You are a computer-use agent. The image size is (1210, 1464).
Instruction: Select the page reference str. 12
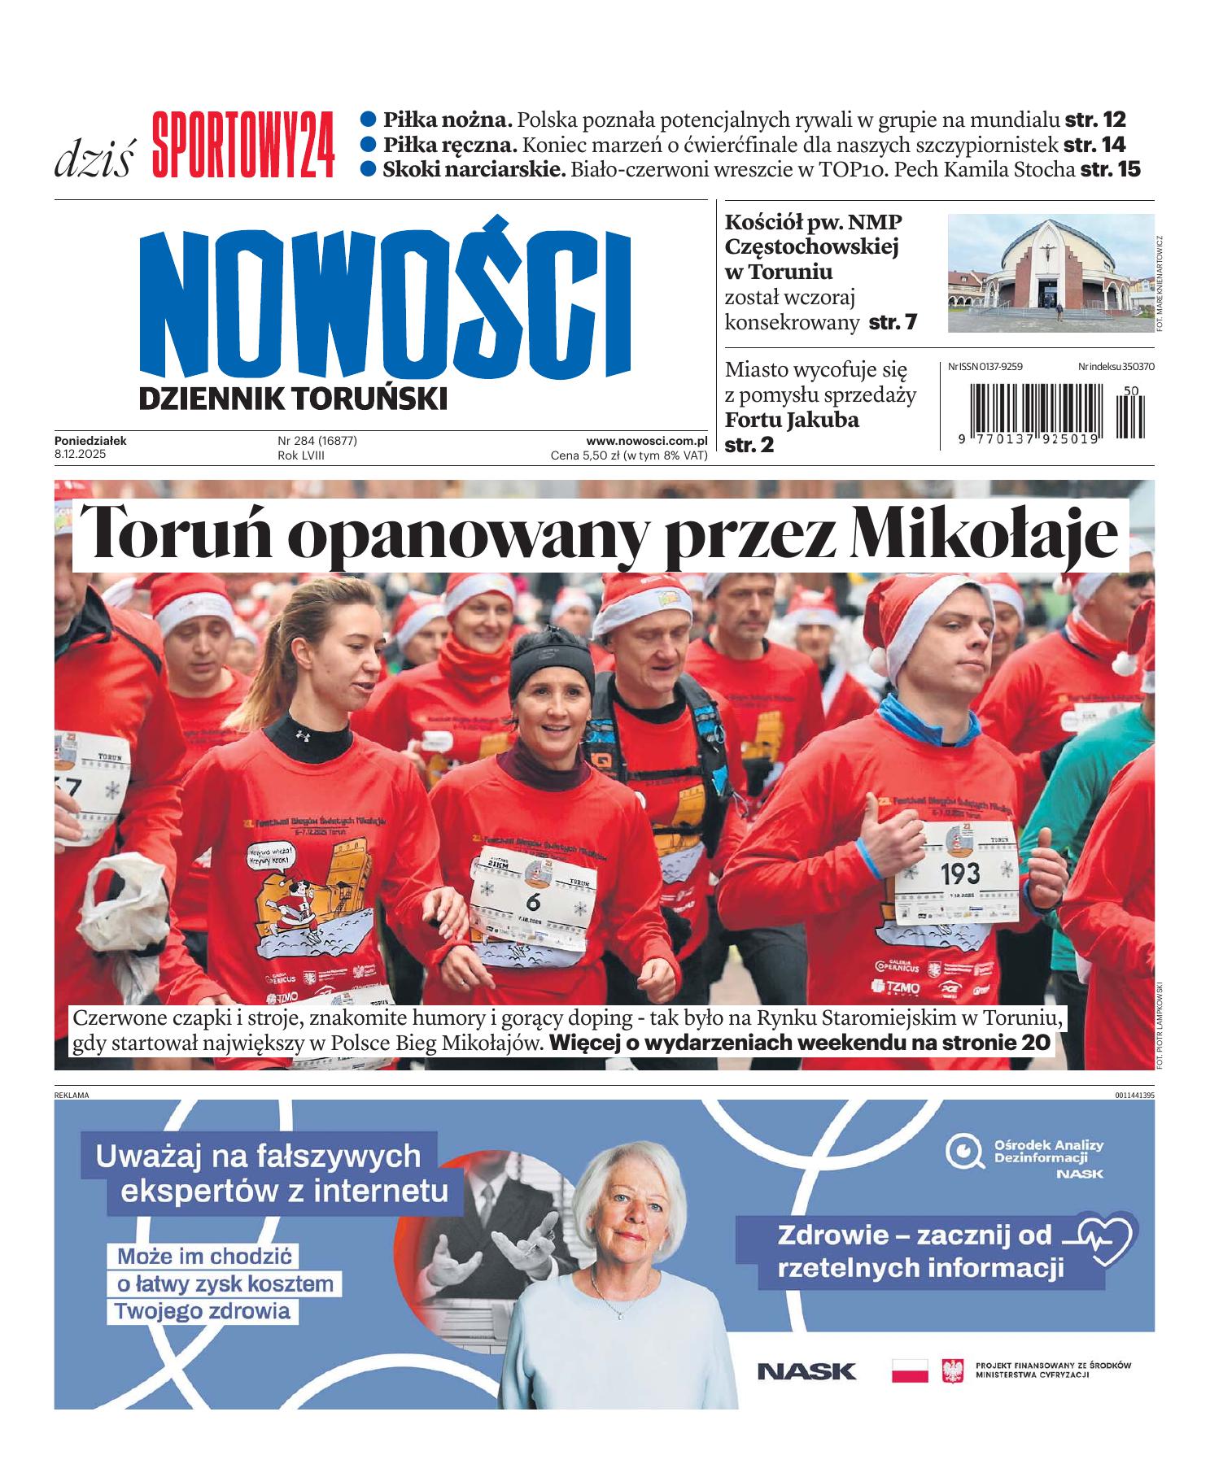(x=1095, y=120)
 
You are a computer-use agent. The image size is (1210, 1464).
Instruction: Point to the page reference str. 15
(x=1110, y=170)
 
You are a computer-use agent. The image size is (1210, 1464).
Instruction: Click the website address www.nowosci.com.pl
(x=646, y=441)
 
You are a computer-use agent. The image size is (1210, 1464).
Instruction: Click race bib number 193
(x=960, y=874)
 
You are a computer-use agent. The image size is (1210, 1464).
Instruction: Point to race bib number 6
(x=533, y=900)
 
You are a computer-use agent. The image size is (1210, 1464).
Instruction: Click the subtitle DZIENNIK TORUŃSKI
(x=293, y=399)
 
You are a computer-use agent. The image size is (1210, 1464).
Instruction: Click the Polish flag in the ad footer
(x=910, y=1370)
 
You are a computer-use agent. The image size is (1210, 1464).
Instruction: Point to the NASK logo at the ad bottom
(x=806, y=1371)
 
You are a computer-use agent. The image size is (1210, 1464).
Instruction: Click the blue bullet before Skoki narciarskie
(x=369, y=169)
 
